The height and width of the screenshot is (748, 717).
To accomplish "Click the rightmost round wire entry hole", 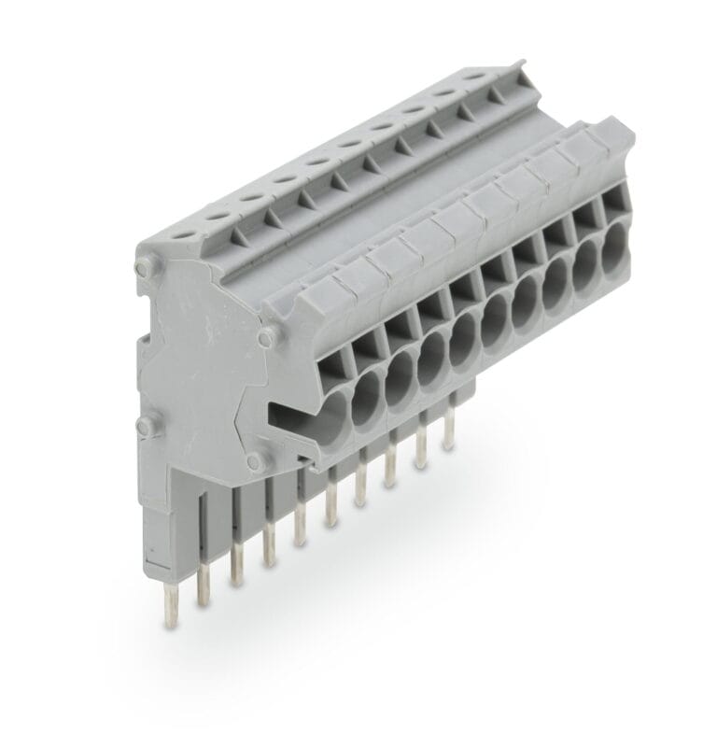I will point(610,249).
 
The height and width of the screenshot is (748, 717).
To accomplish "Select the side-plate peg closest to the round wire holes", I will point(266,335).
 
